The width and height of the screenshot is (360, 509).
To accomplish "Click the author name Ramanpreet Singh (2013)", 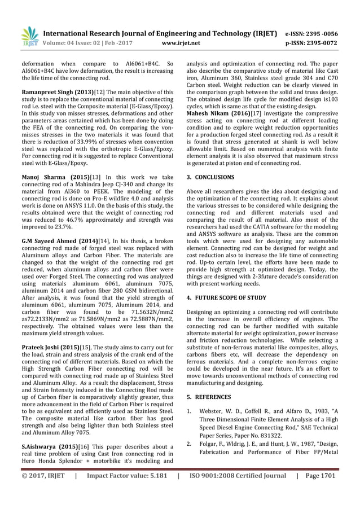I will tap(49, 91).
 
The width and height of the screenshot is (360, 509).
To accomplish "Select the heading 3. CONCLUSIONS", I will tap(210, 177).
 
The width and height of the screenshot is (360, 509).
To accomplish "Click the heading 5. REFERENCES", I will tap(208, 397).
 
